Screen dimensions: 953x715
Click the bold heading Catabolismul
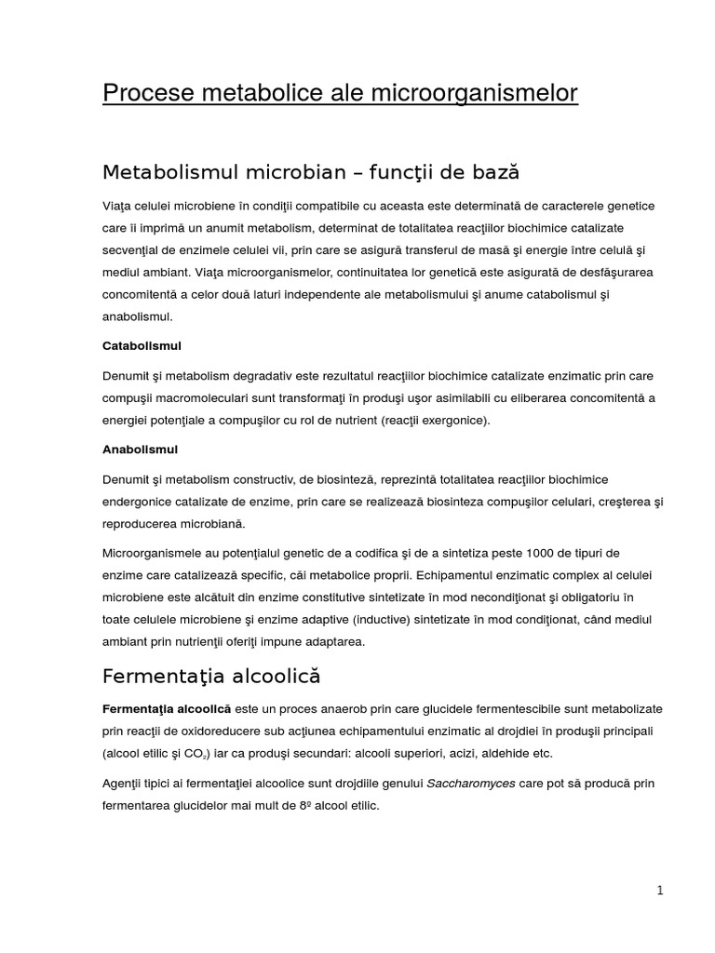(142, 345)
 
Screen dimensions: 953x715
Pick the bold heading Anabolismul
(140, 449)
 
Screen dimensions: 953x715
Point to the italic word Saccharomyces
(471, 784)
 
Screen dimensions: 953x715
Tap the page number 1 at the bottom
(659, 890)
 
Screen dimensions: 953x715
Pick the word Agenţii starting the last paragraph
(124, 784)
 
